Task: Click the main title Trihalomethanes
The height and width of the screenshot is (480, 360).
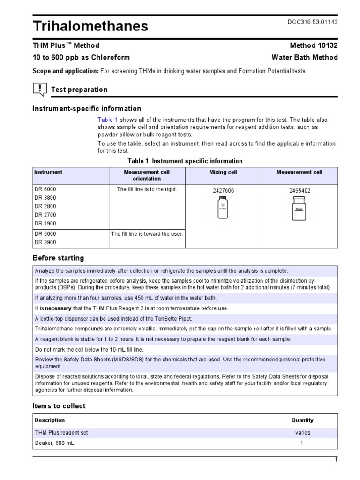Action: (x=90, y=26)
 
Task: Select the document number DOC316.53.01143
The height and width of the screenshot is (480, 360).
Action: (x=312, y=22)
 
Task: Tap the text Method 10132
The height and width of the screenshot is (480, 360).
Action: (x=314, y=45)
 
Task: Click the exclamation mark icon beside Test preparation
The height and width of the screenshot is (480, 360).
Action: (x=40, y=89)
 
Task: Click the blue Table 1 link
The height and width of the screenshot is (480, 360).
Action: (x=107, y=120)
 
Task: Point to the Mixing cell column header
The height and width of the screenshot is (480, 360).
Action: (x=223, y=172)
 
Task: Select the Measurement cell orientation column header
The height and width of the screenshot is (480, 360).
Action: (x=147, y=175)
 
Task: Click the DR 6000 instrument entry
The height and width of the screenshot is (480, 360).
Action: (x=45, y=189)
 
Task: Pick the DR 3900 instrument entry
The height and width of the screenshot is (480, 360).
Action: (x=45, y=242)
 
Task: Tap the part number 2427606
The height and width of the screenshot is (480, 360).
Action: (x=223, y=191)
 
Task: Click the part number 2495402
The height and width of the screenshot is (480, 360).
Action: (x=300, y=191)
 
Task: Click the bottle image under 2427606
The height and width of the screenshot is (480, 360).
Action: (x=223, y=208)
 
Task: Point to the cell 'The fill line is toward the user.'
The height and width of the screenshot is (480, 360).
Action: (x=147, y=233)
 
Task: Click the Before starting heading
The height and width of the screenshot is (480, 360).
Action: (x=58, y=258)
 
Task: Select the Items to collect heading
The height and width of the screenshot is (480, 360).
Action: (x=59, y=406)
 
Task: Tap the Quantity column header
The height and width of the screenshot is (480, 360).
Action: (x=302, y=420)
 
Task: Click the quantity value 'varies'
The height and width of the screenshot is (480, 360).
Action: (x=302, y=433)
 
